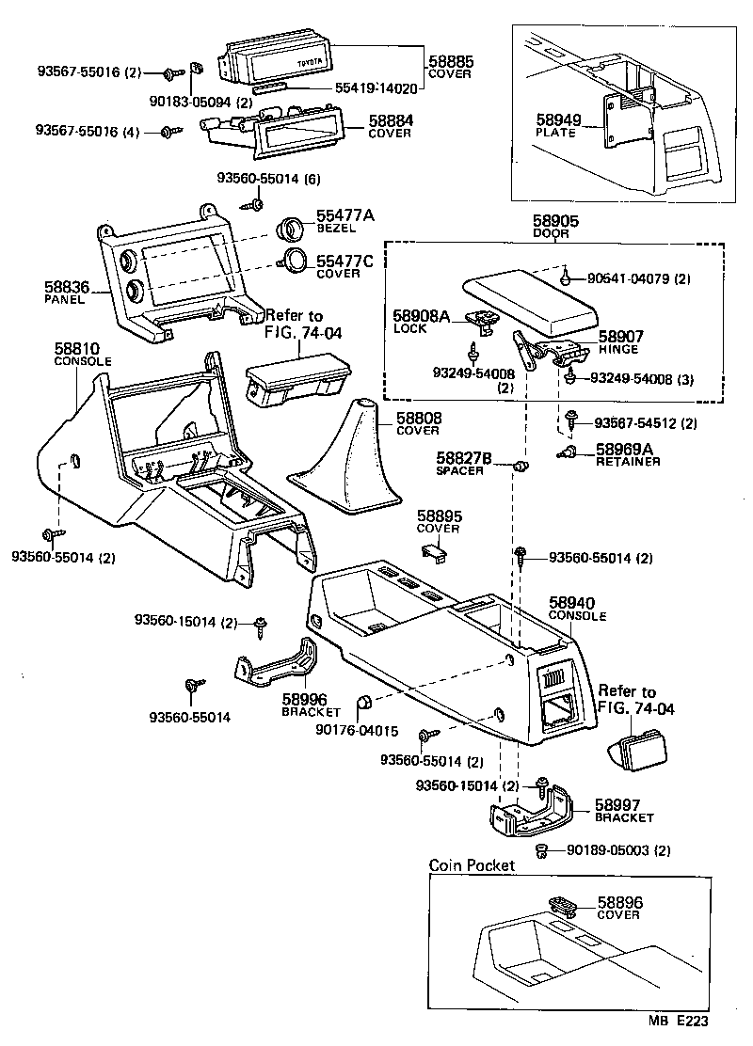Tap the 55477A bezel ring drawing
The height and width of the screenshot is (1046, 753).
(x=293, y=229)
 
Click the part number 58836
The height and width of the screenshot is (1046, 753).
(x=65, y=287)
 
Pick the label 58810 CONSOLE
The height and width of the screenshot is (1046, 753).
(x=83, y=355)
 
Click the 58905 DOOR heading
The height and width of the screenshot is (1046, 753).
(x=554, y=226)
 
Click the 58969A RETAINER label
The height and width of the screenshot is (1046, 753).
(x=626, y=455)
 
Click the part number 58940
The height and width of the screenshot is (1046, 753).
(x=571, y=603)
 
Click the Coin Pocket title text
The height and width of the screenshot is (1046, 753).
(x=472, y=864)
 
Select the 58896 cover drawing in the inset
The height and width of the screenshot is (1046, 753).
(x=564, y=906)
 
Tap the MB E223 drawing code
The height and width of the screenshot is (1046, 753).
(x=677, y=1019)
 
